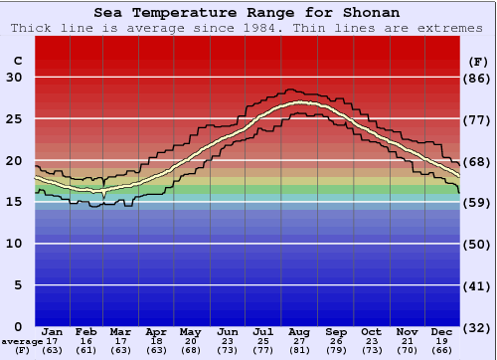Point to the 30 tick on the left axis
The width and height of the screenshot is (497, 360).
(14, 78)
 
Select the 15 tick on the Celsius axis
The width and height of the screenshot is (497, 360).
(14, 202)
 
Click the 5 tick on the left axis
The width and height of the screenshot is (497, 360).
(18, 285)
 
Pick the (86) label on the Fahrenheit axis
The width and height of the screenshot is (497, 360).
(477, 78)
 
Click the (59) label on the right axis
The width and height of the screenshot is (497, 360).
(477, 202)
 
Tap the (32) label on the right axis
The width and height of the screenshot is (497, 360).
(477, 327)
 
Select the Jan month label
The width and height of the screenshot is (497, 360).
(53, 331)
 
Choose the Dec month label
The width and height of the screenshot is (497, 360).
(442, 331)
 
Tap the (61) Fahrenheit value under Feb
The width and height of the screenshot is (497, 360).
(86, 350)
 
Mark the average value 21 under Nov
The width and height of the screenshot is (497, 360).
(407, 341)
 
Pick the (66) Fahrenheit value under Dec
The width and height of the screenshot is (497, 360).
(442, 350)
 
